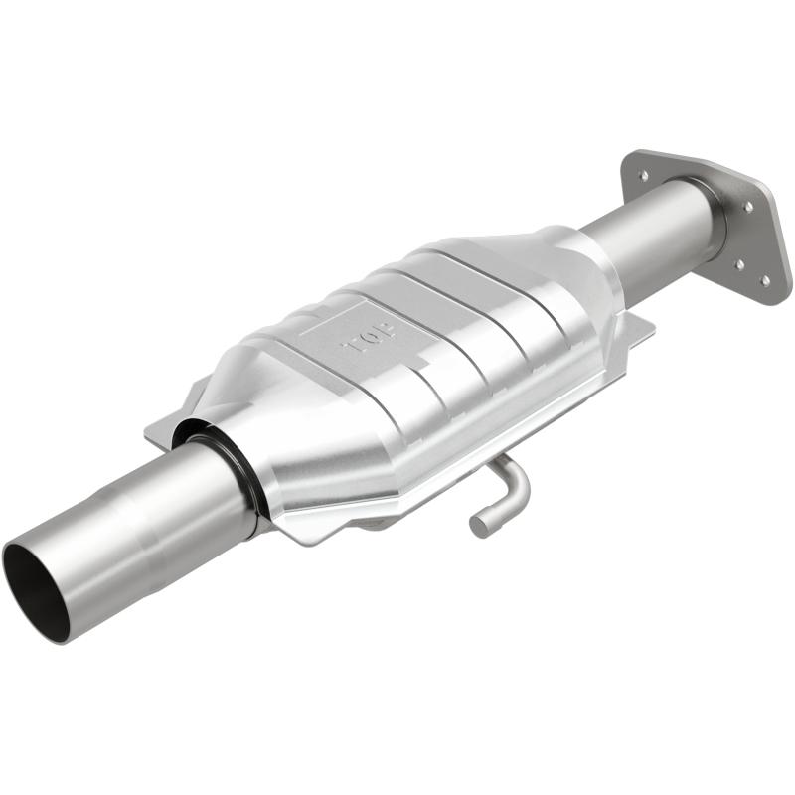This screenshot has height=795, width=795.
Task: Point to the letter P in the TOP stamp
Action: pyautogui.click(x=352, y=348)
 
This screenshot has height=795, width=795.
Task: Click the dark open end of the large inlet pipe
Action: pyautogui.click(x=36, y=590)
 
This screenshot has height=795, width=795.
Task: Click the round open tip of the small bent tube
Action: pyautogui.click(x=478, y=524)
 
